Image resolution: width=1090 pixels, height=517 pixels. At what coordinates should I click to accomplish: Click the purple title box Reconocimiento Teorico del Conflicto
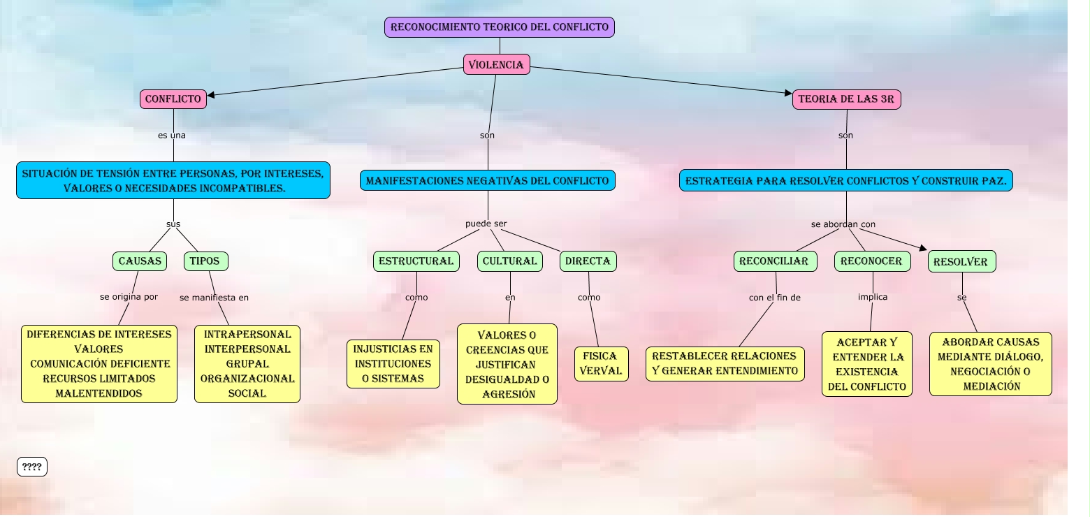499,27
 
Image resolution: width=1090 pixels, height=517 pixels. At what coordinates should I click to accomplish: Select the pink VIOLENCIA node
496,64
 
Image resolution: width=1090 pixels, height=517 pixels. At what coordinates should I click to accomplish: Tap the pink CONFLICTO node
173,99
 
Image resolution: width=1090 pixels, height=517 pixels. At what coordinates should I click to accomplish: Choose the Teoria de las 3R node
846,99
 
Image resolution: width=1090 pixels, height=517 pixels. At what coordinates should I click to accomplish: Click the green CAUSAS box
140,261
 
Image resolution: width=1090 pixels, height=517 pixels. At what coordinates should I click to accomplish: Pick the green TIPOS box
205,261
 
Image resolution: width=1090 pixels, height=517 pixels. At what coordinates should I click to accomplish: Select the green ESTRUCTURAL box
416,261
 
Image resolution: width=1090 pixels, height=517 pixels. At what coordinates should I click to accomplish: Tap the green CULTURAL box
510,261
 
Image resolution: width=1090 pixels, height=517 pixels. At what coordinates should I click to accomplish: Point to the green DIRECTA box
588,261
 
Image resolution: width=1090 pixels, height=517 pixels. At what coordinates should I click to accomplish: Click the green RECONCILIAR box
774,261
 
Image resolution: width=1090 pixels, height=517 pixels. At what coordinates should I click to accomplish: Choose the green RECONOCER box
871,261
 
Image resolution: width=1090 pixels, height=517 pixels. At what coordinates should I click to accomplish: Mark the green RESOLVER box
961,262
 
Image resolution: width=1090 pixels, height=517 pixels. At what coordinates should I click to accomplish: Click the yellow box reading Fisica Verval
601,364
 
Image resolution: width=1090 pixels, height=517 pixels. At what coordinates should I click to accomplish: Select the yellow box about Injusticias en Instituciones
393,364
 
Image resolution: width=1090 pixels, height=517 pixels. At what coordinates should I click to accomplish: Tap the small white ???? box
32,467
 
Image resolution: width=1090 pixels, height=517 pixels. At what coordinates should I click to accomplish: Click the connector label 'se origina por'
129,297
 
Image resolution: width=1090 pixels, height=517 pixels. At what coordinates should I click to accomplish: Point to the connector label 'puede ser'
486,224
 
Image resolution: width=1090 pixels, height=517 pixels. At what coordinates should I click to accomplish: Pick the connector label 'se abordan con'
843,224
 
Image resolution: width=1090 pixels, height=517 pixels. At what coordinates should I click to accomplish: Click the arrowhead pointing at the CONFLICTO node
211,95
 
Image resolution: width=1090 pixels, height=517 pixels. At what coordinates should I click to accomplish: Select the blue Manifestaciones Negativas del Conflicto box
487,181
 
